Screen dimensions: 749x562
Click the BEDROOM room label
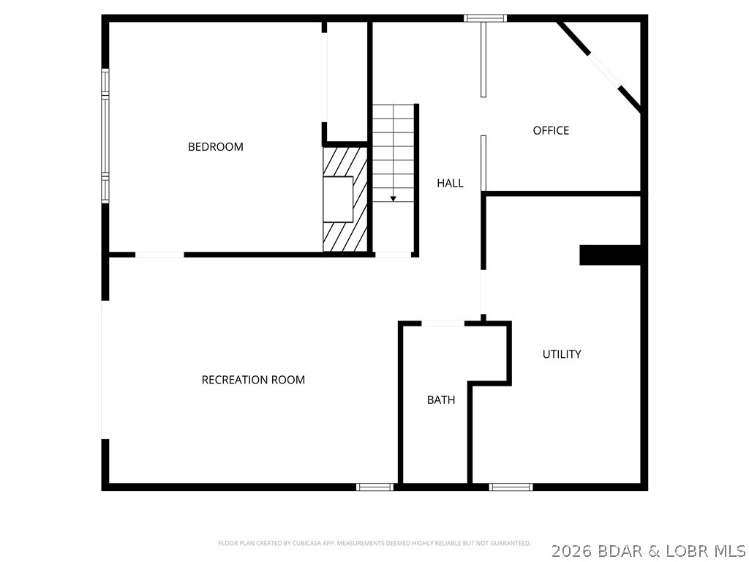coord(216,146)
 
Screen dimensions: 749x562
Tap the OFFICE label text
coord(551,130)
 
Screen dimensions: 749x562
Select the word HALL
coord(450,183)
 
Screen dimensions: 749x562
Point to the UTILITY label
coord(562,354)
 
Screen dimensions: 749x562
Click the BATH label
coord(441,400)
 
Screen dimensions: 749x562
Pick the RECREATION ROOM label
coord(253,380)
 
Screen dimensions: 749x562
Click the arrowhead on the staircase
coord(393,198)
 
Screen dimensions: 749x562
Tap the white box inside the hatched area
coord(338,199)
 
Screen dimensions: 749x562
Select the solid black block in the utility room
coord(610,255)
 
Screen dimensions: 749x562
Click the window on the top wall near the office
coord(485,18)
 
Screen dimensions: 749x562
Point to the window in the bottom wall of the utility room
coord(511,487)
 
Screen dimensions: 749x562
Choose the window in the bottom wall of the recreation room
coord(375,487)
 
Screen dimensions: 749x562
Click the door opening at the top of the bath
coord(443,323)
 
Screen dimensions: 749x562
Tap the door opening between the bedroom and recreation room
coord(159,255)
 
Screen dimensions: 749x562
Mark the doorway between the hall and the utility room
coord(483,292)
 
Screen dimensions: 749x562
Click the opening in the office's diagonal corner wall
coord(604,71)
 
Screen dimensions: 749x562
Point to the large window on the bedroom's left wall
coord(105,136)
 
